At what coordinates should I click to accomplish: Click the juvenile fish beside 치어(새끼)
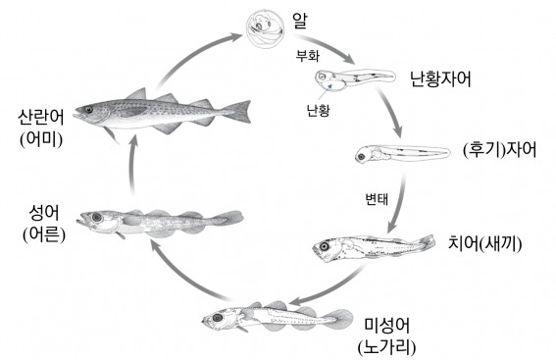(x=372, y=245)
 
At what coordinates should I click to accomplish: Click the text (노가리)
(x=385, y=345)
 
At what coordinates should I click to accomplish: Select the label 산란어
(x=39, y=116)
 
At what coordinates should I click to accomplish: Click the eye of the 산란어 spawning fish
(x=89, y=110)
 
